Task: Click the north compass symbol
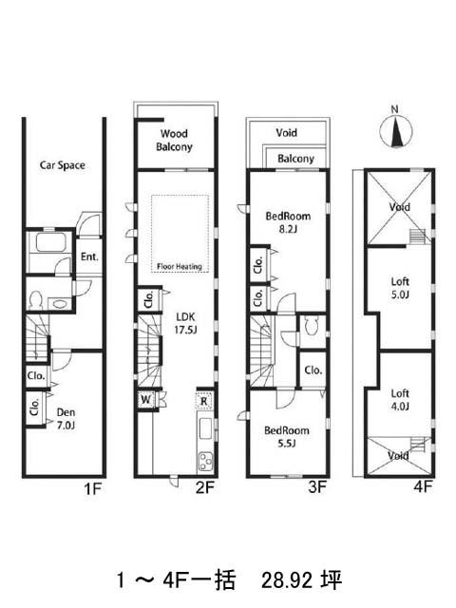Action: point(395,131)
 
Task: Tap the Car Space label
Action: point(62,165)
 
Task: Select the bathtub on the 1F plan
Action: point(50,243)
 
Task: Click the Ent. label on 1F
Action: point(89,256)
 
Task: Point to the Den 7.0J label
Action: point(66,419)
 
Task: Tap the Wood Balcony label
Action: point(174,141)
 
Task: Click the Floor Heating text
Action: point(180,267)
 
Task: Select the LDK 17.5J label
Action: point(186,323)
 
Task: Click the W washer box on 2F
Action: point(146,399)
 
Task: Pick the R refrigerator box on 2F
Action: point(204,401)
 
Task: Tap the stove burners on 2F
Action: point(205,462)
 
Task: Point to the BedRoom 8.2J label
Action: point(288,222)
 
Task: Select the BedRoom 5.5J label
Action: point(287,436)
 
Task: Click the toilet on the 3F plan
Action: point(313,326)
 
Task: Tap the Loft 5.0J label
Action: point(400,288)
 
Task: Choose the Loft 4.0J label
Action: point(400,400)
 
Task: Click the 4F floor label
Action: point(422,486)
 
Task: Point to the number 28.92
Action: point(287,580)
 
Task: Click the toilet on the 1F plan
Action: point(36,300)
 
